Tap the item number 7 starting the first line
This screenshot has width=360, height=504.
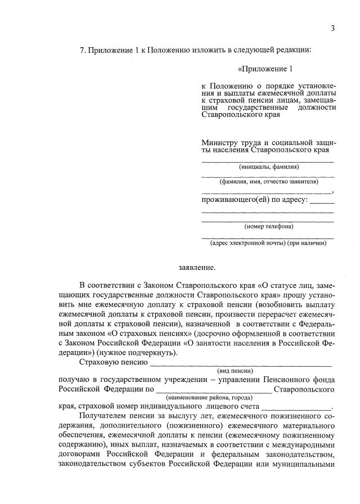click(x=83, y=51)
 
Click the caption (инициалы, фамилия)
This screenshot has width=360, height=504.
click(x=268, y=166)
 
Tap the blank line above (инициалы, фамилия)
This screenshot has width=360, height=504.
click(x=268, y=161)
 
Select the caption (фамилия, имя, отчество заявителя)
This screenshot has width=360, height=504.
click(x=268, y=181)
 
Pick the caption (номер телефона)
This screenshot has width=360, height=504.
click(x=268, y=227)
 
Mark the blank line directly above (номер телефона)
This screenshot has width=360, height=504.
click(x=268, y=221)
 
